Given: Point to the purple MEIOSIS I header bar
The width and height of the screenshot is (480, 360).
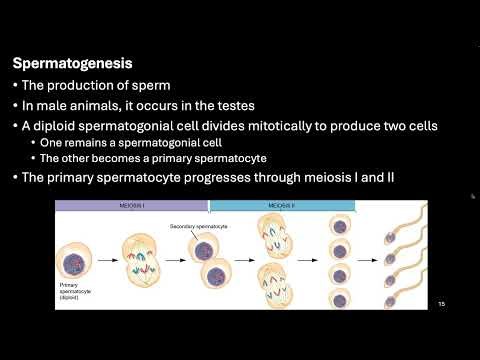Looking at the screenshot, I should (131, 205).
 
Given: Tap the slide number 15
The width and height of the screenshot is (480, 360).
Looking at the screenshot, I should (440, 305).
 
